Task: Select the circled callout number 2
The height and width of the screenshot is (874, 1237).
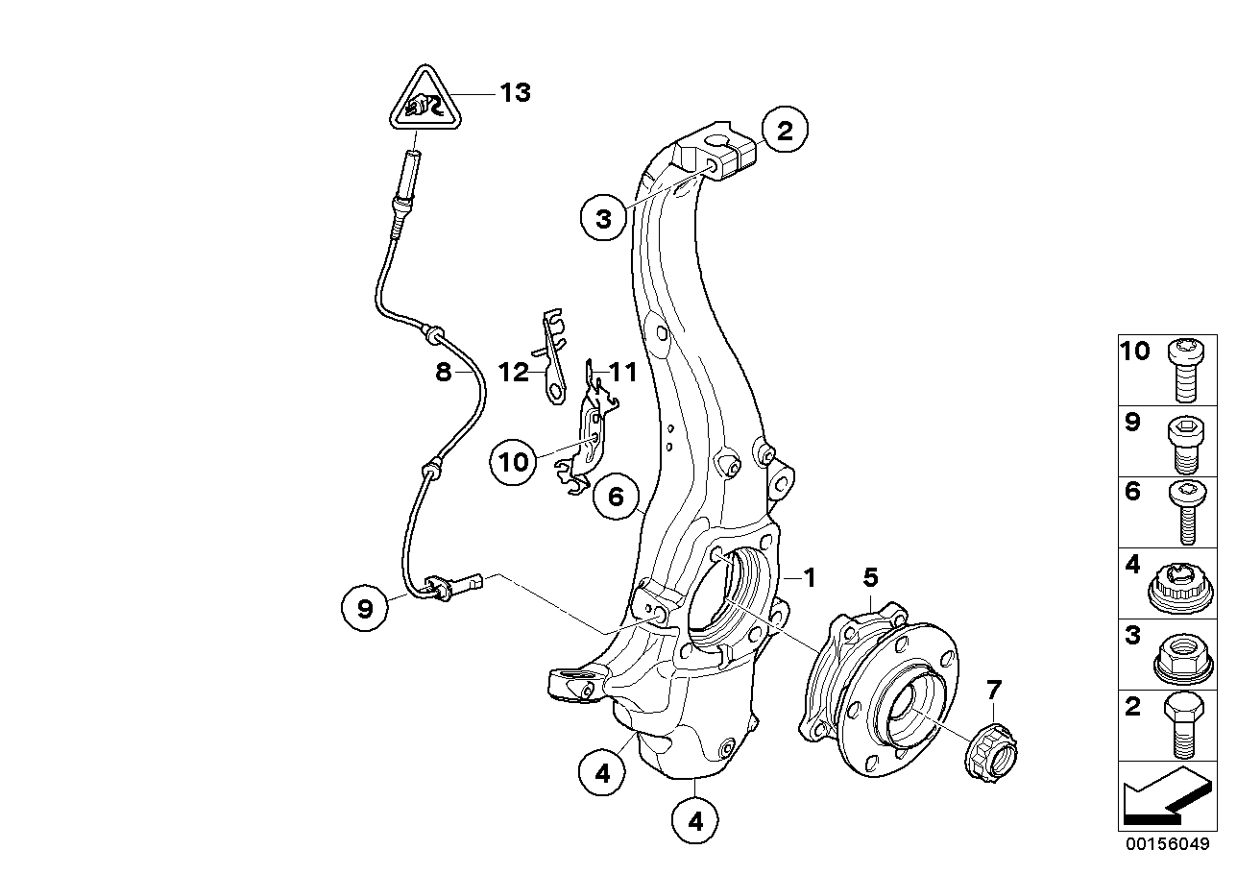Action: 785,132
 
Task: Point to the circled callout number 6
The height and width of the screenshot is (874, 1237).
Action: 616,497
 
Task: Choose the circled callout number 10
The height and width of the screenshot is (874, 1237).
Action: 515,462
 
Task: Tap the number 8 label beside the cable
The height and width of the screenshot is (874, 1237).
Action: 443,372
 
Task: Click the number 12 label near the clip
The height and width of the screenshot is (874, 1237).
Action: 514,372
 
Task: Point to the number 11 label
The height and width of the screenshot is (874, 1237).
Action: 623,372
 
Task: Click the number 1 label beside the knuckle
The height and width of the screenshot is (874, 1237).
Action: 809,578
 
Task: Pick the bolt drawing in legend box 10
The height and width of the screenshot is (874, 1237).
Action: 1182,369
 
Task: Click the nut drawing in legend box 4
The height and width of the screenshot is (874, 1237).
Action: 1182,583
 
